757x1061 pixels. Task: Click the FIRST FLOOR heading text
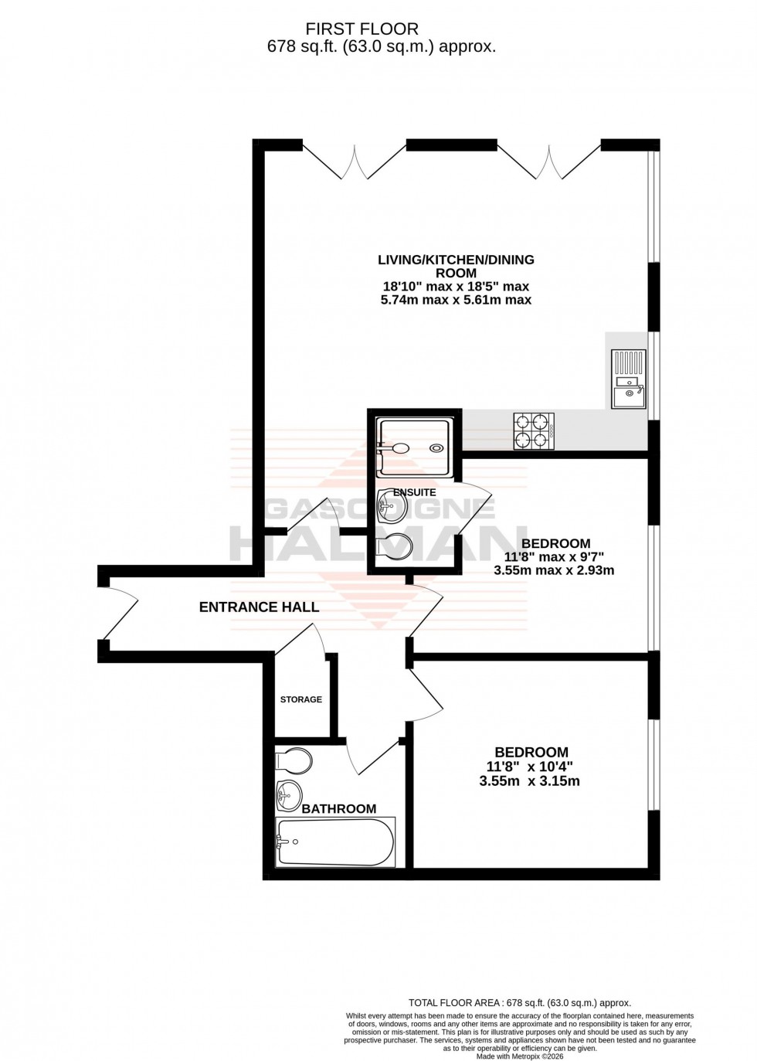point(362,29)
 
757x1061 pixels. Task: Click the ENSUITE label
point(414,492)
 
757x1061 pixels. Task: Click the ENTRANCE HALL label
point(259,607)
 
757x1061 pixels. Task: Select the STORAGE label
point(300,699)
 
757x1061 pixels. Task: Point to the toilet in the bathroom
point(294,761)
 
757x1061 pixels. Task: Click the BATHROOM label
point(338,809)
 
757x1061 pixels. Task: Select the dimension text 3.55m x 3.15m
point(529,781)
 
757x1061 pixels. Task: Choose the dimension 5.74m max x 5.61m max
point(456,300)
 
